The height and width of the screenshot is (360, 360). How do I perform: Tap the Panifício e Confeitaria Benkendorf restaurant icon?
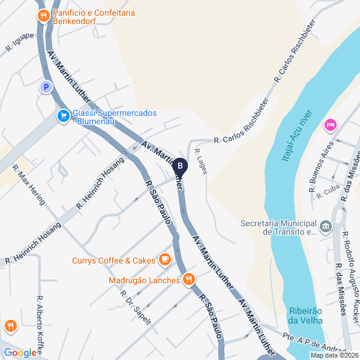pos(43,16)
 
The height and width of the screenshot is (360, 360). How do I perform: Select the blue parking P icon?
pos(45,88)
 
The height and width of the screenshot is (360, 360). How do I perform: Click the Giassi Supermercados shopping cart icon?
pos(62,116)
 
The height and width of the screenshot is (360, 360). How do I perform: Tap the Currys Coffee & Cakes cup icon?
pos(164,259)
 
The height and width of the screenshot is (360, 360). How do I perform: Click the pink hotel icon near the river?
pos(329,125)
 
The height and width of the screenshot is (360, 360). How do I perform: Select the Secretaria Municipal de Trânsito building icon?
pos(326,226)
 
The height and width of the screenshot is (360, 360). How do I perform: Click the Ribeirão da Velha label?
pos(306,315)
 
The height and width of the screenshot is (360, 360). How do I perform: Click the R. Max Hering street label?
pos(29,184)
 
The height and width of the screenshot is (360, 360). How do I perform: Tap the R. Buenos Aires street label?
pos(321,167)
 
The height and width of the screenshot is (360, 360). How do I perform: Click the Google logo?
pos(20,353)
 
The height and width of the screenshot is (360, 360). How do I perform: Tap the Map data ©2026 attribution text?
pos(333,355)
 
